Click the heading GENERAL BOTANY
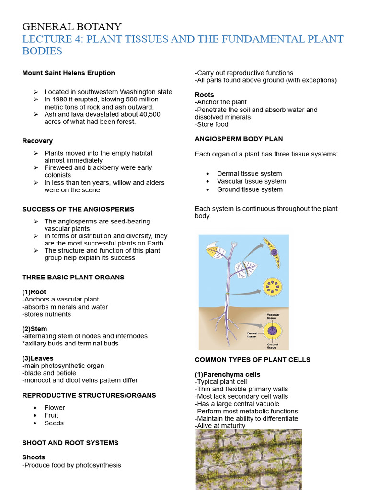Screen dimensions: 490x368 pyautogui.click(x=72, y=27)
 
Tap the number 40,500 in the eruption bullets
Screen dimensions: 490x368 pyautogui.click(x=148, y=114)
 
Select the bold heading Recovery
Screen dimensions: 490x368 pyautogui.click(x=37, y=141)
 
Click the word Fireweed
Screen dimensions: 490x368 pyautogui.click(x=59, y=168)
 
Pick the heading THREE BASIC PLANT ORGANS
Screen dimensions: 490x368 pyautogui.click(x=73, y=277)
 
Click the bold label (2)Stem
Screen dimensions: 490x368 pyautogui.click(x=34, y=329)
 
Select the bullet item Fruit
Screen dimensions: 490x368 pyautogui.click(x=51, y=415)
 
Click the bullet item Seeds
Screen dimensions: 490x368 pyautogui.click(x=54, y=423)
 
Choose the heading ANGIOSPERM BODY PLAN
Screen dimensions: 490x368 pyautogui.click(x=239, y=139)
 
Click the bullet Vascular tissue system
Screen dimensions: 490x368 pyautogui.click(x=251, y=181)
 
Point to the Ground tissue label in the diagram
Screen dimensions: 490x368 pyautogui.click(x=272, y=346)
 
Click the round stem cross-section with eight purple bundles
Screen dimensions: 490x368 pyautogui.click(x=273, y=287)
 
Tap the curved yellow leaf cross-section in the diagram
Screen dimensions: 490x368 pyautogui.click(x=272, y=253)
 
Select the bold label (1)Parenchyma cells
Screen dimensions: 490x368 pyautogui.click(x=228, y=374)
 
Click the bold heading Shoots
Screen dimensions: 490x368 pyautogui.click(x=34, y=457)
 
